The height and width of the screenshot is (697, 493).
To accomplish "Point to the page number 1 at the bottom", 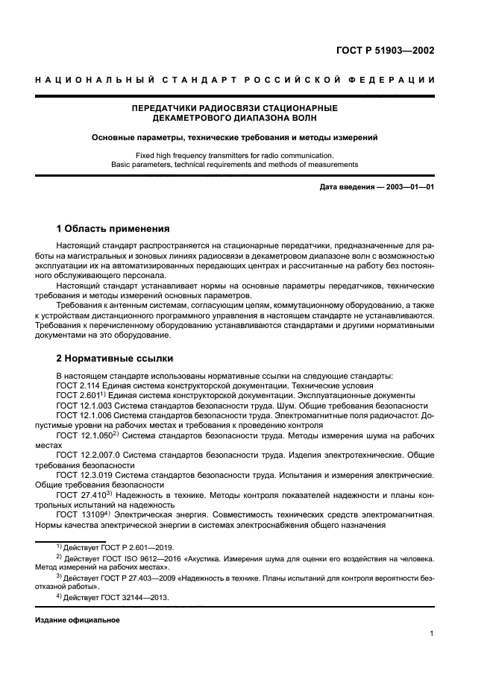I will click(432, 634).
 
